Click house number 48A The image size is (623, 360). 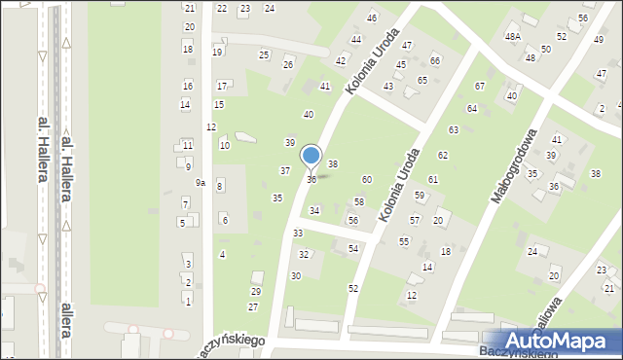pyautogui.click(x=512, y=36)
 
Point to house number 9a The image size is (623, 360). pyautogui.click(x=200, y=183)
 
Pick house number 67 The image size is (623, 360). pyautogui.click(x=479, y=87)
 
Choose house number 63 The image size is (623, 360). pyautogui.click(x=453, y=129)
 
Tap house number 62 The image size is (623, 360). pyautogui.click(x=442, y=156)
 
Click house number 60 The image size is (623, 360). pyautogui.click(x=366, y=179)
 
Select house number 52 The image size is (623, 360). pyautogui.click(x=352, y=289)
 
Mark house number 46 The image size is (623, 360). pyautogui.click(x=371, y=18)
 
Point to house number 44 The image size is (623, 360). pyautogui.click(x=355, y=40)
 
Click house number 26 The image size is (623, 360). pyautogui.click(x=287, y=64)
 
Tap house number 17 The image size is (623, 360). pyautogui.click(x=222, y=86)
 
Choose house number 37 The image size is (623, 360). pyautogui.click(x=284, y=170)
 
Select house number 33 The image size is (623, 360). pyautogui.click(x=297, y=234)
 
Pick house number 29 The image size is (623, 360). pyautogui.click(x=256, y=291)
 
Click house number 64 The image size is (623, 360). pyautogui.click(x=471, y=108)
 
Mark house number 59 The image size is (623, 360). pyautogui.click(x=419, y=196)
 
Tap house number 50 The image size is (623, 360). pyautogui.click(x=546, y=49)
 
